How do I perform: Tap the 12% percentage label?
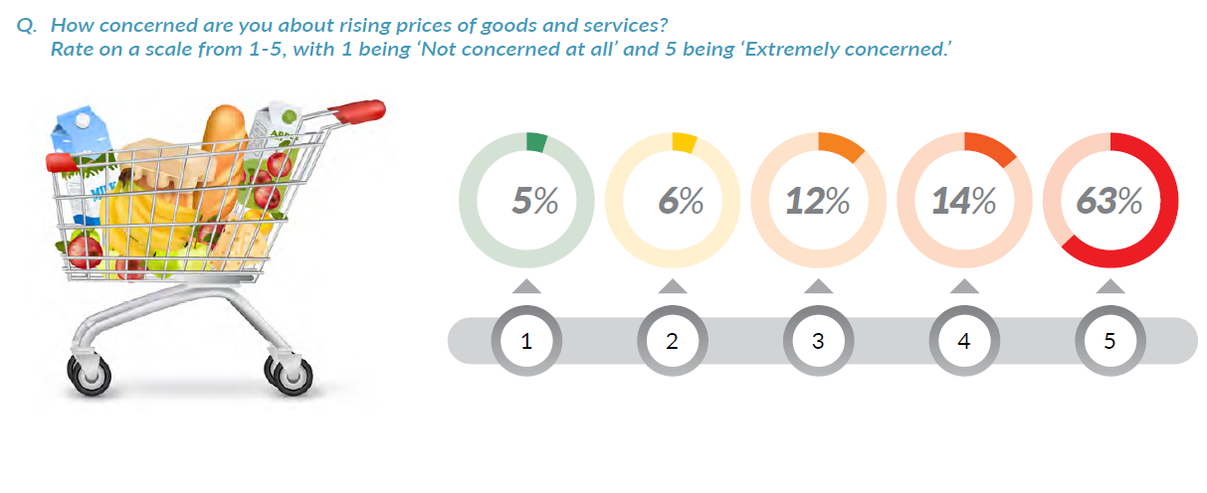[818, 202]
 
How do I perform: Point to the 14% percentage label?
[963, 202]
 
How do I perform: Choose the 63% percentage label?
[1109, 202]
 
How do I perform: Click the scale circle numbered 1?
[526, 342]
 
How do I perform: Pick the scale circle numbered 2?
[673, 342]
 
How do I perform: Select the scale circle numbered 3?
[818, 342]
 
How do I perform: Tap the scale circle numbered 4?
[963, 342]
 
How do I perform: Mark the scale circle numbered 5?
[1109, 342]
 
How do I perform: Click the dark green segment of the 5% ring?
[536, 143]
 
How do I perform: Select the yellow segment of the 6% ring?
[684, 143]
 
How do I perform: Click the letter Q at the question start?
[25, 25]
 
